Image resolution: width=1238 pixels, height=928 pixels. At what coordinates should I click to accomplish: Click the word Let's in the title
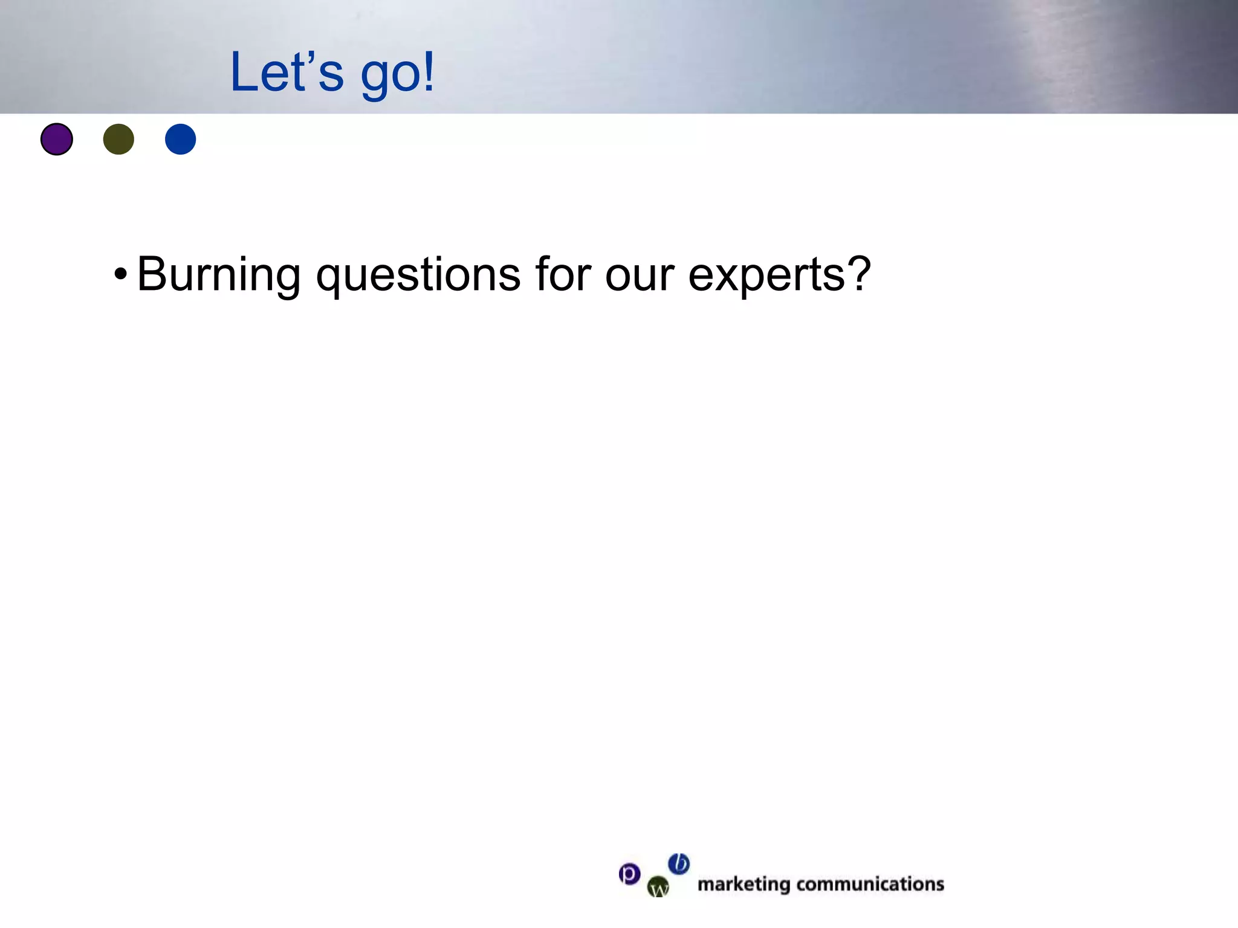tap(287, 72)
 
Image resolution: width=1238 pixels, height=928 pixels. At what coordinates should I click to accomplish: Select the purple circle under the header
tap(57, 139)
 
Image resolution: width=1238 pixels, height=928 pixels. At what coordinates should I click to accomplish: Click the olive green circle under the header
tap(118, 139)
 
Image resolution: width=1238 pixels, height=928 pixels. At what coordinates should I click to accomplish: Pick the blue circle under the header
tap(181, 139)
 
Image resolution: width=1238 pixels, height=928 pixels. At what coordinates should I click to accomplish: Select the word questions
tap(418, 275)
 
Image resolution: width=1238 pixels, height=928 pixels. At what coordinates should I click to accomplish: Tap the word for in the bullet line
tap(563, 274)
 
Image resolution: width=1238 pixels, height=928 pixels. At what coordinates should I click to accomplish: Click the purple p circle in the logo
tap(629, 874)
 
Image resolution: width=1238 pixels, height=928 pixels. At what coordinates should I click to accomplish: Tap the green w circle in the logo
tap(658, 887)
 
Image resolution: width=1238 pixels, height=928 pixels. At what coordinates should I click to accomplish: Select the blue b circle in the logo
tap(679, 864)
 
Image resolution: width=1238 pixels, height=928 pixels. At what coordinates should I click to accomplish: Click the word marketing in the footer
tap(744, 884)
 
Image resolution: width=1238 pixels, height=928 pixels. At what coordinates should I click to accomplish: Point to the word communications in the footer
tap(870, 884)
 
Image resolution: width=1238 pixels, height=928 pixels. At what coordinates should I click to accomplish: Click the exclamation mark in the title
tap(428, 71)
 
